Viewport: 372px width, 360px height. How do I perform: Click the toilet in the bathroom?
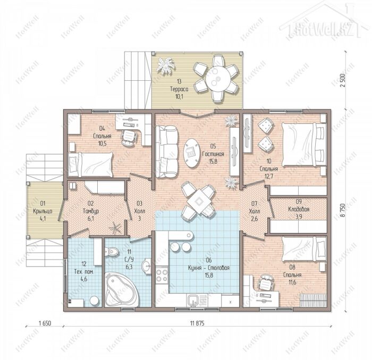112,252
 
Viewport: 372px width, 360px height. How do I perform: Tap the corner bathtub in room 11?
122,290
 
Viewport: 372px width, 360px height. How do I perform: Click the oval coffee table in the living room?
192,153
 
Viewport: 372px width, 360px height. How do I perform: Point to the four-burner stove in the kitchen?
162,275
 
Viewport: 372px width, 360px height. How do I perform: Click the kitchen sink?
194,300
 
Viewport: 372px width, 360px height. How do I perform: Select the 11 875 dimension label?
197,323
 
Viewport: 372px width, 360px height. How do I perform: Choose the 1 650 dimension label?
45,323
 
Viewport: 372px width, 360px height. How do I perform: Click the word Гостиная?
213,154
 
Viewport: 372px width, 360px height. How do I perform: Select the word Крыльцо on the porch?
43,211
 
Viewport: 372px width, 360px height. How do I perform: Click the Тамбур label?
91,211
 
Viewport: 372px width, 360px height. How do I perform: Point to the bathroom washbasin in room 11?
147,266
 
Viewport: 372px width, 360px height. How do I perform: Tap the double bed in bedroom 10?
304,145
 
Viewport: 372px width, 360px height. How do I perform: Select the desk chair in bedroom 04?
129,138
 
